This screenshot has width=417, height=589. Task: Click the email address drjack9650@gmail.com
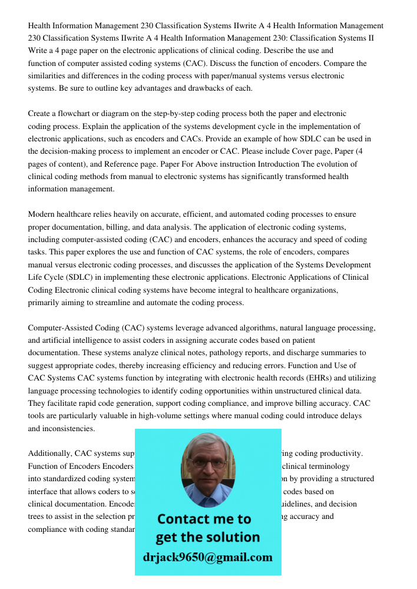[x=208, y=557]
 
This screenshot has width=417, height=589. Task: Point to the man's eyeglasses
[x=207, y=463]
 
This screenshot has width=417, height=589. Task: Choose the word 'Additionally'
[x=49, y=454]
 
